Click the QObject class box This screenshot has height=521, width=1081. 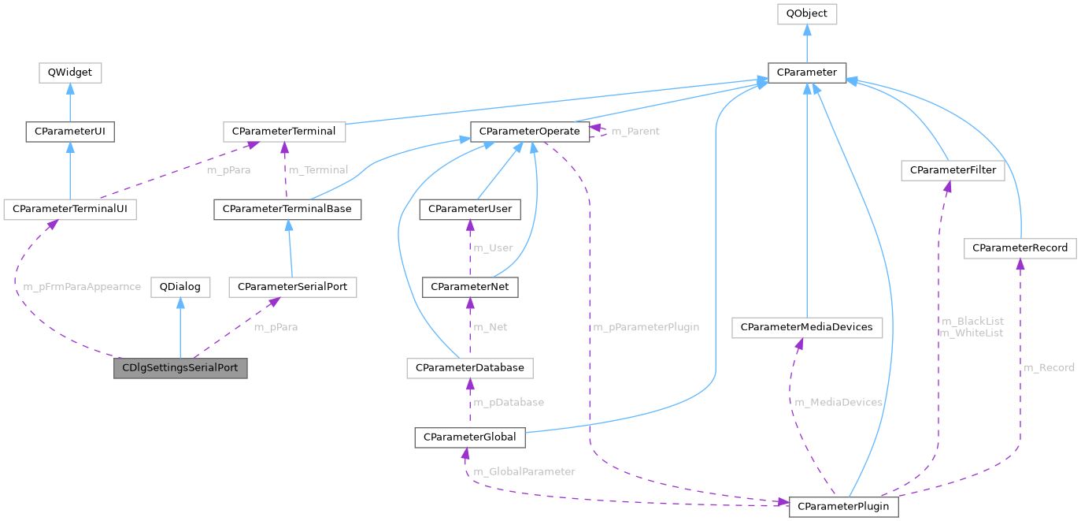coord(806,13)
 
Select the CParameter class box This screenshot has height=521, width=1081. coord(806,73)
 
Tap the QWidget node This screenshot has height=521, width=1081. coord(70,73)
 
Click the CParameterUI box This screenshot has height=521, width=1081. coord(70,131)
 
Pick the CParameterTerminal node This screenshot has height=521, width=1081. coord(284,131)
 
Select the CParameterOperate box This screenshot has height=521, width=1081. coord(529,131)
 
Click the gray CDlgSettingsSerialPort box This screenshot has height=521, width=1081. coord(180,368)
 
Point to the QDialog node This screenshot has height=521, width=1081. coord(180,287)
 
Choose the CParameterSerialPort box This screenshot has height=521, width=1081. coord(293,287)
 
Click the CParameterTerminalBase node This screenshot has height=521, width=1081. coord(287,210)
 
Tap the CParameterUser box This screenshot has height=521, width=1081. coord(470,210)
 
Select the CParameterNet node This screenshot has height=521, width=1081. coord(470,287)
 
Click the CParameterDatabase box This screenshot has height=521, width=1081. coord(470,368)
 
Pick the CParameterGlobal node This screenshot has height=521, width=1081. coord(469,437)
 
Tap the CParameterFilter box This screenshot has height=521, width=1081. coord(953,170)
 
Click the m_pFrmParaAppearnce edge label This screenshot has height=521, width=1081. coord(78,287)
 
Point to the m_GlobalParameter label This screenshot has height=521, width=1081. coord(524,471)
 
